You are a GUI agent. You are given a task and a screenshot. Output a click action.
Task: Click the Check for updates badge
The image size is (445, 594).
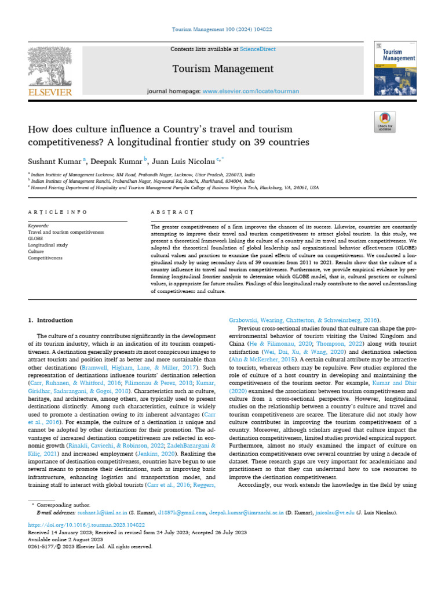point(385,121)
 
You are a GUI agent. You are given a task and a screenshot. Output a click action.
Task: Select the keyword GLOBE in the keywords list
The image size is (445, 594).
point(36,238)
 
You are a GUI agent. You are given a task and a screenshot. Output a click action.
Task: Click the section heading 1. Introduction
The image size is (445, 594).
point(50,320)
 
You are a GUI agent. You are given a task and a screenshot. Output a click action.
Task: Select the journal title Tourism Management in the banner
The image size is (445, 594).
point(222,69)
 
